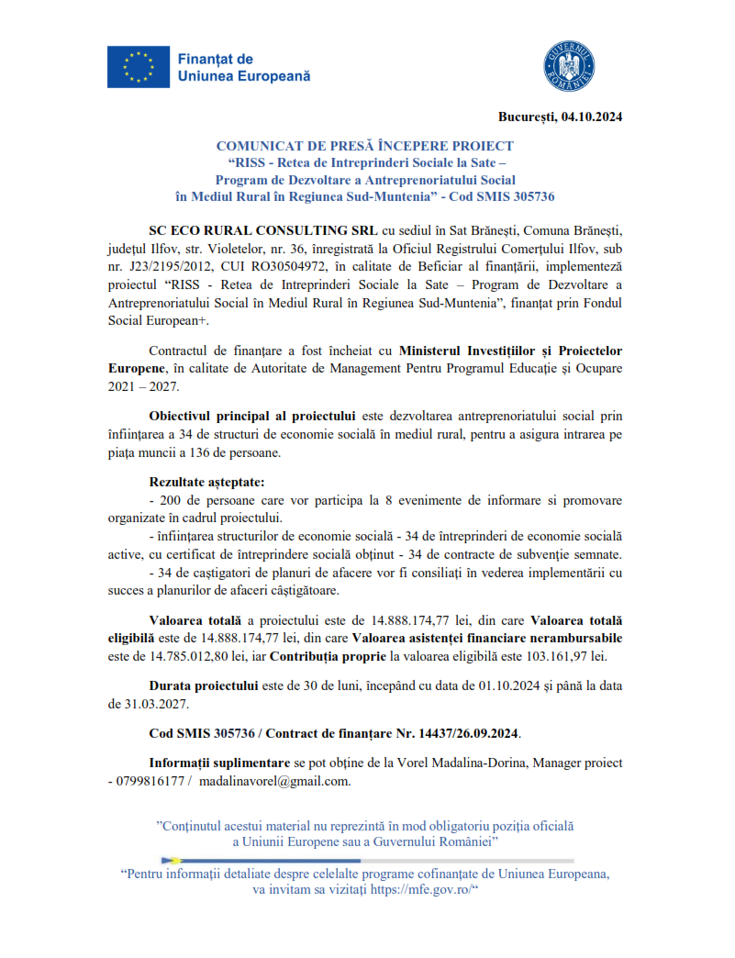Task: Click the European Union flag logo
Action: point(138,67)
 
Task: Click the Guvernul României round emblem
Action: point(570,66)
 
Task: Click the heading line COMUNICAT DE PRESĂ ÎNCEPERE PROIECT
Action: point(364,147)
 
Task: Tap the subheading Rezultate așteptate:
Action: point(206,483)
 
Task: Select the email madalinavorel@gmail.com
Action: point(273,780)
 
